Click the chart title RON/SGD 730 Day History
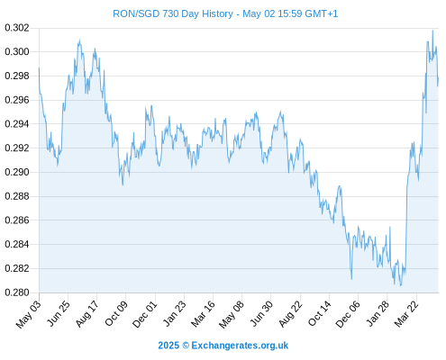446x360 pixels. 173,13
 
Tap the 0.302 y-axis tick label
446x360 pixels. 17,28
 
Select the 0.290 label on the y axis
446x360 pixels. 17,172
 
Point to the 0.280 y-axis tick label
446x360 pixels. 17,292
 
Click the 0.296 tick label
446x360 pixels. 17,100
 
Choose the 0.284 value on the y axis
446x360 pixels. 17,244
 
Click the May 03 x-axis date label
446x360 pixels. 28,314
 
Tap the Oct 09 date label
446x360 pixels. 116,313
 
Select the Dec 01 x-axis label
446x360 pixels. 144,314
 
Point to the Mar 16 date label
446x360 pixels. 204,314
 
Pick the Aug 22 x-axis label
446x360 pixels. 290,314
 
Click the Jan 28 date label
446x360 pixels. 378,313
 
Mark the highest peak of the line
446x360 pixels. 432,31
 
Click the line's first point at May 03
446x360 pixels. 39,68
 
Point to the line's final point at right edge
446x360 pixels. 438,78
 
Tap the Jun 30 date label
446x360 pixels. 262,314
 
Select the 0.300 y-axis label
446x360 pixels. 17,52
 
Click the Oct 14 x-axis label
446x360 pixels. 320,314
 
